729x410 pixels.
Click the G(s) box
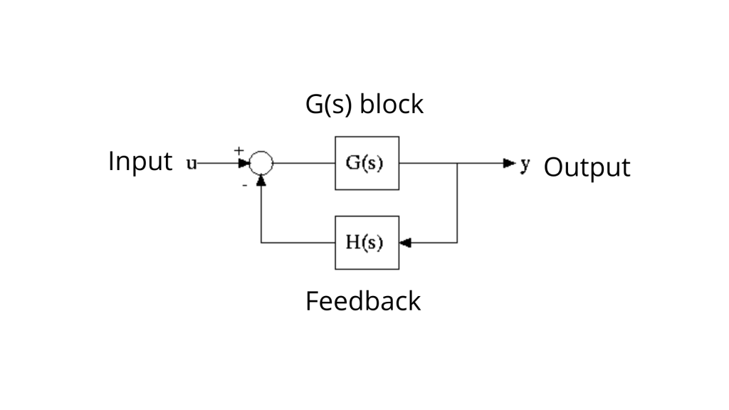click(367, 163)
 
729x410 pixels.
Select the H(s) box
click(367, 243)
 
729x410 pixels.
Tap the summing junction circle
click(261, 163)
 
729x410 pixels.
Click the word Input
click(140, 162)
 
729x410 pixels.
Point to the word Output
click(587, 168)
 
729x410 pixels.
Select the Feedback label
click(363, 301)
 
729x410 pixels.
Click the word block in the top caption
click(392, 104)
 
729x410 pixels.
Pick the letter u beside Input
click(192, 164)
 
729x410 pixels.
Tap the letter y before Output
click(525, 164)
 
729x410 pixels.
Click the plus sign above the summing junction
click(239, 150)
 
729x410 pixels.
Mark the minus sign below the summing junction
click(244, 184)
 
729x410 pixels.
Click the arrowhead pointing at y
click(509, 163)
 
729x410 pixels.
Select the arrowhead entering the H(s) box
click(405, 243)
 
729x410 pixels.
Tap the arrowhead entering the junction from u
click(244, 163)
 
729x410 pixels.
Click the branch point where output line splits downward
click(457, 163)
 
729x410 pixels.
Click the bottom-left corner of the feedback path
click(261, 243)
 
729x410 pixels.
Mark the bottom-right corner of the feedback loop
click(457, 243)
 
